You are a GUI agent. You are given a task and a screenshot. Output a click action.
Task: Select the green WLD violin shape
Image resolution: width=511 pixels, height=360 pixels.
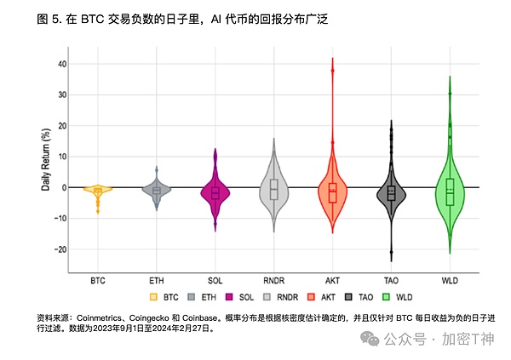[450, 191]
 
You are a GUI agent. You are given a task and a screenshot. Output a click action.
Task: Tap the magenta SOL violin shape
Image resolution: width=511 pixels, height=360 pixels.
[215, 192]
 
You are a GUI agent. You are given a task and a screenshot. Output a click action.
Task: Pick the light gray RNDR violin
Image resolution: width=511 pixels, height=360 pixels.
[273, 190]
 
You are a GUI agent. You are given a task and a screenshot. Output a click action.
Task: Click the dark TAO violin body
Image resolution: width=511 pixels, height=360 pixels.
[391, 193]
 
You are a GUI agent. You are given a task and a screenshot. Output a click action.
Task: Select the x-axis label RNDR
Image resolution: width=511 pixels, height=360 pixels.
[273, 279]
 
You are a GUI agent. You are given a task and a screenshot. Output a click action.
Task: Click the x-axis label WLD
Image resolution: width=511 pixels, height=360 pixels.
[450, 279]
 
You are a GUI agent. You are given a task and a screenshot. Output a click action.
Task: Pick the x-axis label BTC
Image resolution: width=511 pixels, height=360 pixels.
[98, 279]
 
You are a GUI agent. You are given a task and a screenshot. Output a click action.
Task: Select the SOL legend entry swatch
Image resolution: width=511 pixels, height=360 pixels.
[229, 298]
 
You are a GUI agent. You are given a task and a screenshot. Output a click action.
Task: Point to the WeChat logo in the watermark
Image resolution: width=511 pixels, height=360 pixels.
[373, 339]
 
